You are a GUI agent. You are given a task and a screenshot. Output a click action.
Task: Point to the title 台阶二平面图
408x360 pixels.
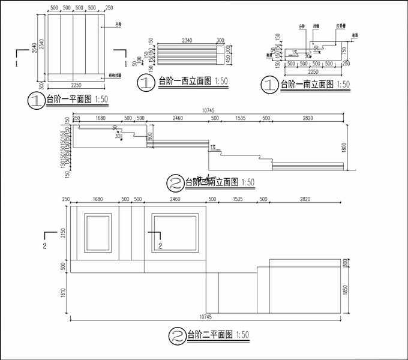[208, 334]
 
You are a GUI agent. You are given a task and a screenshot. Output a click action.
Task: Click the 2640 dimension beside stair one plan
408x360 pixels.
[38, 48]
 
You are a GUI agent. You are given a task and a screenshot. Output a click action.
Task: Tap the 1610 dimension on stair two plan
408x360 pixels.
[62, 293]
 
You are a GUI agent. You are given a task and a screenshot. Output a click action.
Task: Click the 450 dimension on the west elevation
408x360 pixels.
[228, 56]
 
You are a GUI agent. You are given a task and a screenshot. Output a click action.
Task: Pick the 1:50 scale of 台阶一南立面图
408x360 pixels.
[344, 85]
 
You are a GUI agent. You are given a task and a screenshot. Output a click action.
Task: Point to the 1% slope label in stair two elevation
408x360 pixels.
[212, 146]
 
